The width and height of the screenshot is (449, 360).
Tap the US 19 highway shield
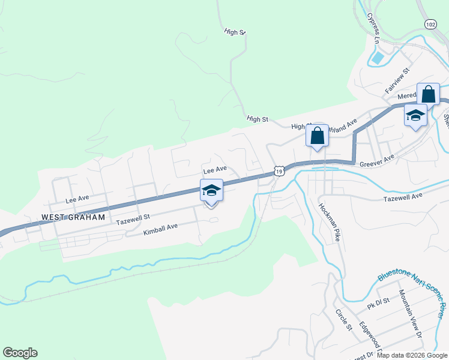point(279,171)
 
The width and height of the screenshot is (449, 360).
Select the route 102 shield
point(430,25)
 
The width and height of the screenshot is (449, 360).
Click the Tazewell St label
point(132,221)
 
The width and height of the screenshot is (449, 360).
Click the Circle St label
point(343,320)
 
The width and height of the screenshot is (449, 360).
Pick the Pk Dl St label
point(378,304)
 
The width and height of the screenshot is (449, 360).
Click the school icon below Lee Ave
point(211,191)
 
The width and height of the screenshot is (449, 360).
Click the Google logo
point(20,353)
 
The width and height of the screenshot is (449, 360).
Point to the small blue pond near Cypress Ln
point(378,58)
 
